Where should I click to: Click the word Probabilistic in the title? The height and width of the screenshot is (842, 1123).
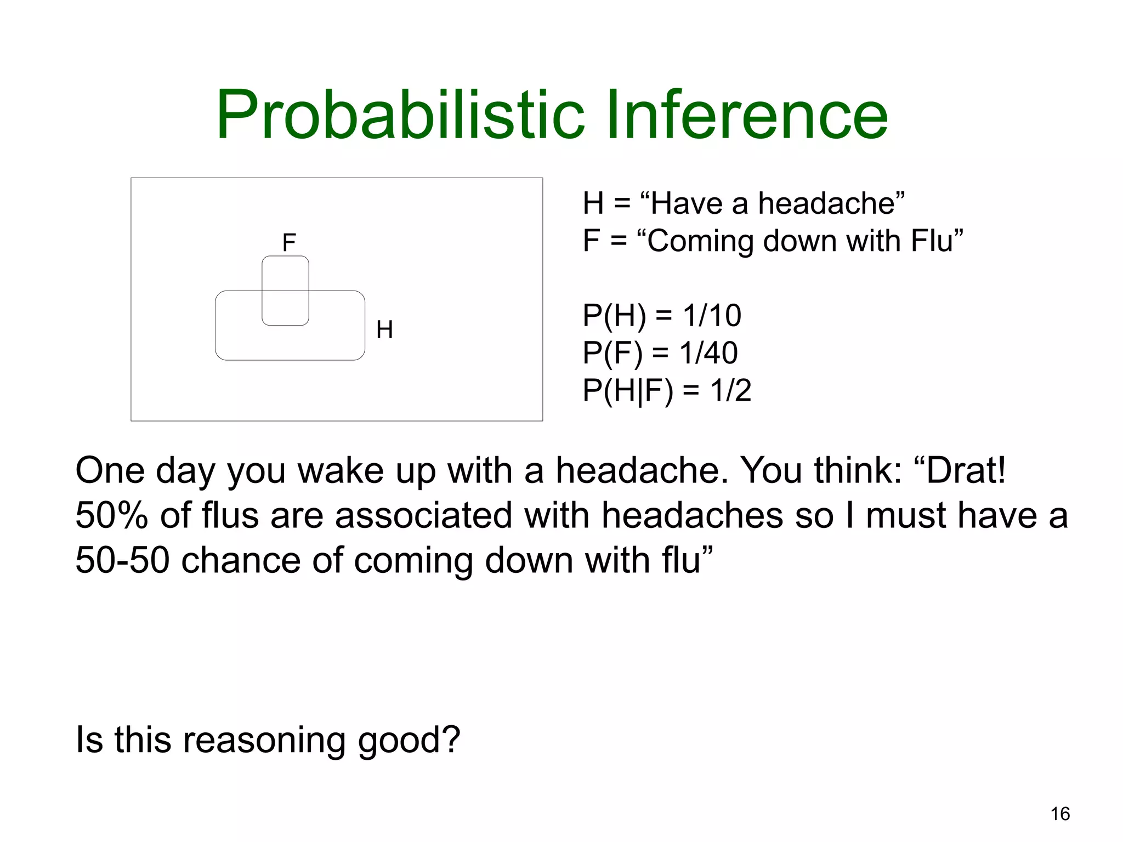click(401, 116)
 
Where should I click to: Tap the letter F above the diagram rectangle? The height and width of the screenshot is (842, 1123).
click(289, 242)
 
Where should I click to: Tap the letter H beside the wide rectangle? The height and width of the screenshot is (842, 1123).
click(384, 330)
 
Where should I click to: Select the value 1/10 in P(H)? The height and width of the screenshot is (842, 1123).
click(712, 316)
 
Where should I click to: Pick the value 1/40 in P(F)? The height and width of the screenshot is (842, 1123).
click(708, 353)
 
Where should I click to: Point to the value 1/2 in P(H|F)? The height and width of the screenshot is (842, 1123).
click(730, 391)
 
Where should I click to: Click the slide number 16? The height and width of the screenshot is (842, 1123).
click(1060, 814)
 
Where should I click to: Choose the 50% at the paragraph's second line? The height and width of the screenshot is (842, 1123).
click(111, 516)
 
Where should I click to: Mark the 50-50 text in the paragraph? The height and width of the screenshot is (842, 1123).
click(122, 560)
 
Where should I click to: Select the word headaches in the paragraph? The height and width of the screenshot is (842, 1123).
click(693, 516)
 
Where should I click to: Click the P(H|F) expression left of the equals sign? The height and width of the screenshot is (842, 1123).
click(628, 391)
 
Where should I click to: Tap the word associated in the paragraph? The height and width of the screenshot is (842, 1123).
click(423, 516)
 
